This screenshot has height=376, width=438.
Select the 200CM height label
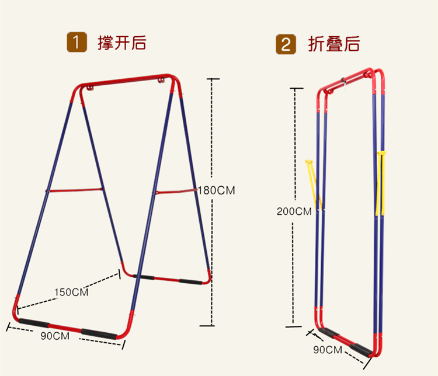click(x=294, y=211)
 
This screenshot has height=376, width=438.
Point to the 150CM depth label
click(x=71, y=291)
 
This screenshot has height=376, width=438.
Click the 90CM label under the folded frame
click(x=327, y=350)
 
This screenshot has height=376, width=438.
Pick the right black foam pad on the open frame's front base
click(x=99, y=333)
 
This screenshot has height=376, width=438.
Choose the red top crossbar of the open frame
click(x=126, y=81)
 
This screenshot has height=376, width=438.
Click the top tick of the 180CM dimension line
click(x=213, y=78)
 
